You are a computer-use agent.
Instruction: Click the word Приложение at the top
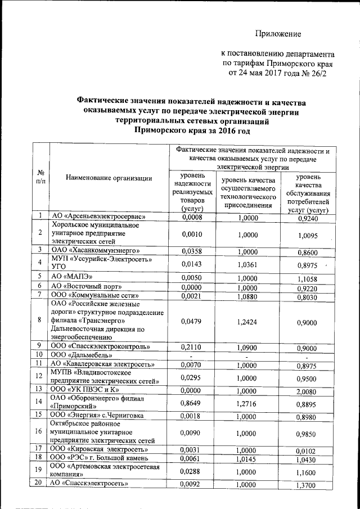(278, 34)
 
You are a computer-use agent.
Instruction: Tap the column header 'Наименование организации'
(109, 178)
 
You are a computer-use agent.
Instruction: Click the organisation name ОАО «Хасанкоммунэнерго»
(96, 251)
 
